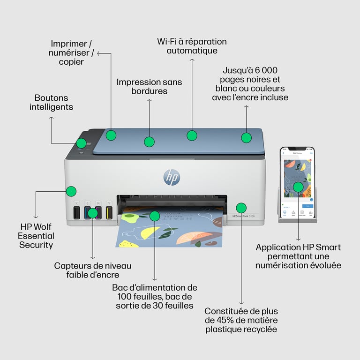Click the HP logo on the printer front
pos(172,177)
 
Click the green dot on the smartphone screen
pos(298,187)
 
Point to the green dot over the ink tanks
pos(93,213)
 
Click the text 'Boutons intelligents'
pos(51,102)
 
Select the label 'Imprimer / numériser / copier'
pos(72,52)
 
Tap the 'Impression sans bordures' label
pos(149,86)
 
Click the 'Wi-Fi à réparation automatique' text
pos(192,46)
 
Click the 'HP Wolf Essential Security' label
pos(36,235)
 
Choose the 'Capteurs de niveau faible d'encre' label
pos(92,270)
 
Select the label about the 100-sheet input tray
pos(155,297)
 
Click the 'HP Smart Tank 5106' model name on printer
pos(244,217)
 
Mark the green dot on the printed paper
pos(154,216)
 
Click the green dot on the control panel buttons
pos(81,143)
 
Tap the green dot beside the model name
pos(241,207)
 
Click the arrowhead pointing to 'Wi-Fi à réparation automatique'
pos(192,60)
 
